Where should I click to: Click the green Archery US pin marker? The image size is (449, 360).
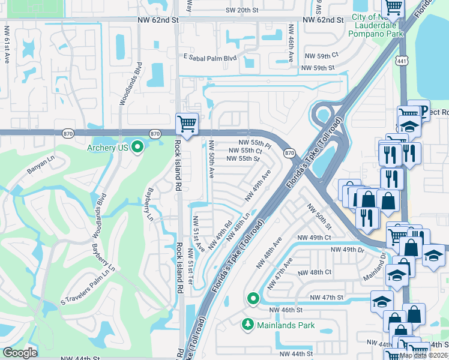point(137,147)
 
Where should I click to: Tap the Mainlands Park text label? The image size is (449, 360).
point(286,325)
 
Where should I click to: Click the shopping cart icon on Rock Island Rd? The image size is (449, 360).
point(187,124)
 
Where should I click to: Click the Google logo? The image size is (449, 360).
point(20,353)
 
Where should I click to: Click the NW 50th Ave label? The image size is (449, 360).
point(212,160)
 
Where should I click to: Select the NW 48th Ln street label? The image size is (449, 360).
point(238,223)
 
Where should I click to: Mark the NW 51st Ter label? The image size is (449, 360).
point(190,266)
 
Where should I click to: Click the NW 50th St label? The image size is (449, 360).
point(319,217)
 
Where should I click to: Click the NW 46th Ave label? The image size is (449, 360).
point(291,44)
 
